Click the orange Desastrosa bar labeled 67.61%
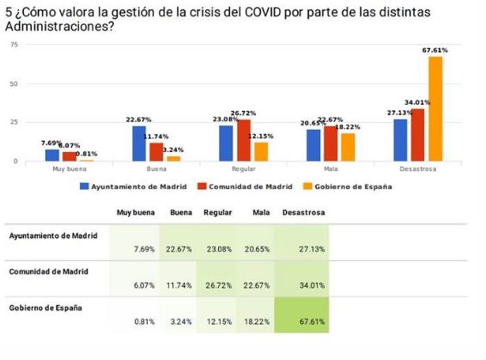[435, 109]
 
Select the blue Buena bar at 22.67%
[139, 143]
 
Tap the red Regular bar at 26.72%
[244, 140]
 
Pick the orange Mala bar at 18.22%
[348, 147]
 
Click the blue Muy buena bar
[52, 156]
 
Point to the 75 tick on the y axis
[13, 45]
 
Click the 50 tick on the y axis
[13, 84]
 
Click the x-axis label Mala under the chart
[330, 168]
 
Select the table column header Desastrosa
[303, 211]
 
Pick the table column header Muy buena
[135, 211]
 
